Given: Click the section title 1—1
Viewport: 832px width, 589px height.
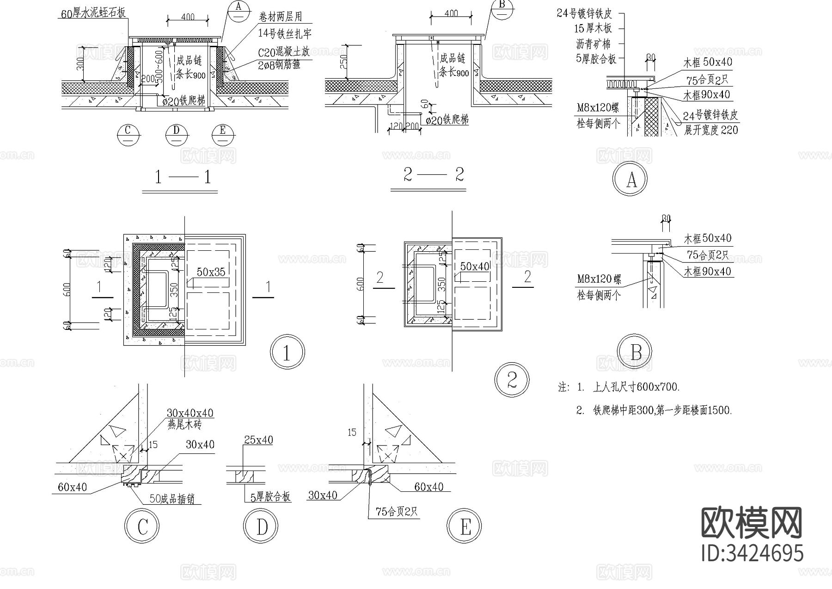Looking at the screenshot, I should [x=182, y=177].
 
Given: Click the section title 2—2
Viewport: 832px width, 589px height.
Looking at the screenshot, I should [x=433, y=175].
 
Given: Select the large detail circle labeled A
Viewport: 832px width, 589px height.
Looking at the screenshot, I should [x=630, y=179].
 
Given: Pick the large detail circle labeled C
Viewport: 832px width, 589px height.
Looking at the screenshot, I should [x=142, y=526].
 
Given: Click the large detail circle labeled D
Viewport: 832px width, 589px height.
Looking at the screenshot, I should [x=261, y=526].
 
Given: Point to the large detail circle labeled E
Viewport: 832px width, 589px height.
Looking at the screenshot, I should [x=465, y=526].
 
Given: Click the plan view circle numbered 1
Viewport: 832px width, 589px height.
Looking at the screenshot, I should [x=287, y=353].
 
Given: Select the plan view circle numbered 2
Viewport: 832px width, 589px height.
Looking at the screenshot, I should [x=512, y=381].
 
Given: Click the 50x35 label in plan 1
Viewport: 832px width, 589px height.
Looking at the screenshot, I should [x=211, y=272].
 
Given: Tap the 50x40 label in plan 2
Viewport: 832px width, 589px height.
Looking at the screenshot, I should [x=474, y=267].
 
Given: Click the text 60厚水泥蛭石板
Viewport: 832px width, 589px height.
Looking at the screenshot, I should [x=94, y=13].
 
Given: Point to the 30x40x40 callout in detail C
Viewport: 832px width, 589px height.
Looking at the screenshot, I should [x=190, y=413].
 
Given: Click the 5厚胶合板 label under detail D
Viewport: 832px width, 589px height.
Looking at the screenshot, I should [x=270, y=497].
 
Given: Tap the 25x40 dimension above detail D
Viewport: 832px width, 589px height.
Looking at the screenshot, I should [x=258, y=440].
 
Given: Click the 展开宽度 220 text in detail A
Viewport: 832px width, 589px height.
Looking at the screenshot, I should [x=711, y=130].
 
